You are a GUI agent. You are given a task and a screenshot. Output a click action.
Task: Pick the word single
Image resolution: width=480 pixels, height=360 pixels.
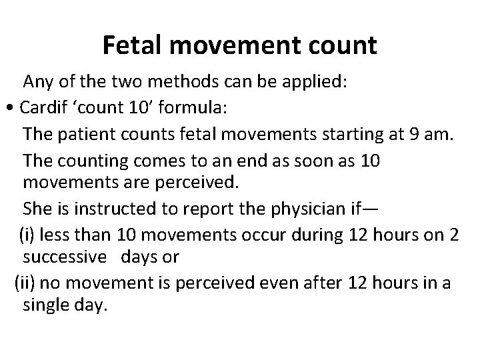coord(45,307)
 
